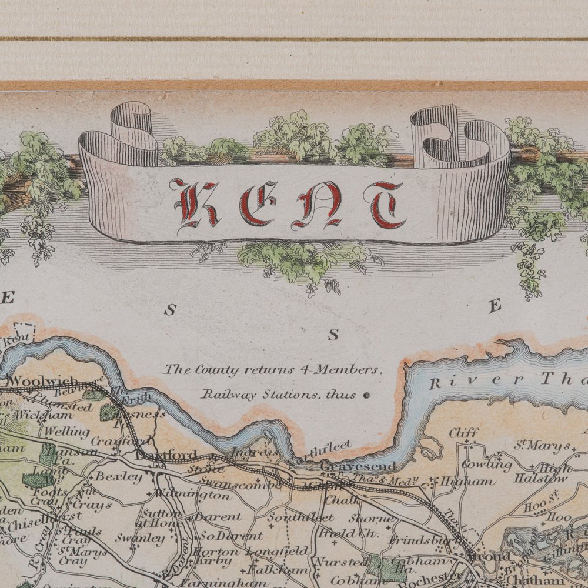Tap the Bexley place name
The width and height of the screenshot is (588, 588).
(119, 476)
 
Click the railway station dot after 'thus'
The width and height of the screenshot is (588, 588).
(367, 396)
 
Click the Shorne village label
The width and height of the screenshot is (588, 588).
(372, 518)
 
